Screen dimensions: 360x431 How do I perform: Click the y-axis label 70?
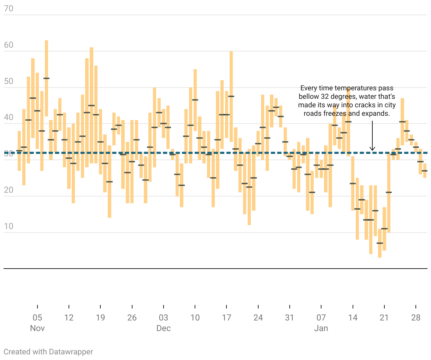[x=8, y=8]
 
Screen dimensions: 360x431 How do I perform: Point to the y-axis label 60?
[x=8, y=45]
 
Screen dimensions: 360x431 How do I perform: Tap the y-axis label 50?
[x=8, y=82]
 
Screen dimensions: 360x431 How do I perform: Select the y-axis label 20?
[x=8, y=190]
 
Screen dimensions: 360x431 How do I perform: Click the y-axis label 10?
[x=8, y=227]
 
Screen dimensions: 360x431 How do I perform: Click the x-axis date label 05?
[x=37, y=318]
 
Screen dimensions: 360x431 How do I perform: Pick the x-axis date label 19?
[x=100, y=318]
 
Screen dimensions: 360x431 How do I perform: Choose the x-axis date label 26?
[x=132, y=318]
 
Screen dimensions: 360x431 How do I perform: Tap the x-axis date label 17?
[x=226, y=318]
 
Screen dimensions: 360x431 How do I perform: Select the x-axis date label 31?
[x=290, y=318]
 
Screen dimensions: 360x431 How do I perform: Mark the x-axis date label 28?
[x=416, y=318]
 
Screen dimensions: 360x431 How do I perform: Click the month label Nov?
[x=37, y=328]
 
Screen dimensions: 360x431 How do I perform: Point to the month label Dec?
[x=164, y=328]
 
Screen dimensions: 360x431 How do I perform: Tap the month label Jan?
[x=321, y=328]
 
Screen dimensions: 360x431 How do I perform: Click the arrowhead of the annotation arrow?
[x=372, y=149]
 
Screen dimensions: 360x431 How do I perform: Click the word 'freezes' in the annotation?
[x=335, y=114]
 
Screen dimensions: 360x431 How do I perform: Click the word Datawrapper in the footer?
[x=71, y=352]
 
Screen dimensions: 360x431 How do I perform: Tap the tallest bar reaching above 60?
[x=46, y=78]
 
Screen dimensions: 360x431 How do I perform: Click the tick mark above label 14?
[x=353, y=307]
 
